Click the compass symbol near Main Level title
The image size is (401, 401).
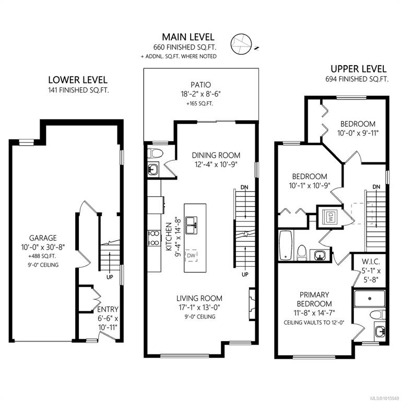coord(241,44)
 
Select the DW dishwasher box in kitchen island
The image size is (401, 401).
coord(191,255)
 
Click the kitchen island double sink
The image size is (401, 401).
coord(192,225)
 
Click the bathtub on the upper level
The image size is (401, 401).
coord(286,245)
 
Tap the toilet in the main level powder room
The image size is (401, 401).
coord(155,153)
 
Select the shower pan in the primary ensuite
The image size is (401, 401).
coord(370,299)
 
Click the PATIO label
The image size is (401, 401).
coord(200,85)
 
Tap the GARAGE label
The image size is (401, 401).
coord(43,238)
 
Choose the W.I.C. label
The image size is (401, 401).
coord(371,262)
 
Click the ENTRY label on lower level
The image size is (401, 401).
coord(108,309)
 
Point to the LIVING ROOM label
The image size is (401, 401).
coord(199,298)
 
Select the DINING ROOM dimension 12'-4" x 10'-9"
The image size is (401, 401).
coord(216,164)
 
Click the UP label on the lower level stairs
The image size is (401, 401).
coord(110,277)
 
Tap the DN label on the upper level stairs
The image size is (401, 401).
coord(376,187)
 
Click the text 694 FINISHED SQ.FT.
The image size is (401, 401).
coord(357,79)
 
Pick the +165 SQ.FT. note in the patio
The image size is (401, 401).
coord(200,104)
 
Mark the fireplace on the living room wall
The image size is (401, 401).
coord(252,303)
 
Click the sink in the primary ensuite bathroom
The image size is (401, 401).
coord(380,332)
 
